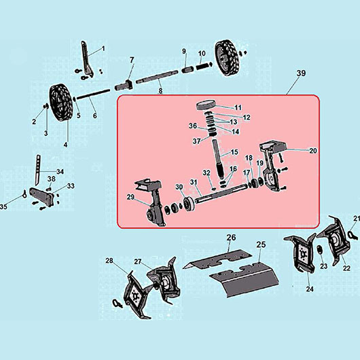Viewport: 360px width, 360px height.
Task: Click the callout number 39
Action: tap(301, 73)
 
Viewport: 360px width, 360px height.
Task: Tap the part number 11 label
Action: tap(238, 107)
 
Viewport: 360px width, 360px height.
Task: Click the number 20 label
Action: tap(313, 151)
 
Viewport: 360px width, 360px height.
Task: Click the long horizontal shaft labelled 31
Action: tap(221, 194)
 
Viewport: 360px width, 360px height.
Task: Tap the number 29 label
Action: tap(130, 197)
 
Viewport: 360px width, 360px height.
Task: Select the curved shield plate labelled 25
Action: tap(245, 280)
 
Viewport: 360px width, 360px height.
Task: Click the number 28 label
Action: tap(109, 261)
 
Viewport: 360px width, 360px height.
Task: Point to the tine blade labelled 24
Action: tap(300, 253)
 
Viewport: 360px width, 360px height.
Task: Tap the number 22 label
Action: tap(346, 268)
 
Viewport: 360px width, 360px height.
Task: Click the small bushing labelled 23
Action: tap(319, 250)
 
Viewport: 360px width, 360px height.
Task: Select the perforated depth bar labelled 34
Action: tap(37, 170)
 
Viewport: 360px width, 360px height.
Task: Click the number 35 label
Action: tap(3, 207)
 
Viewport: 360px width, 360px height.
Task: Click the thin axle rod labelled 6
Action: tap(94, 94)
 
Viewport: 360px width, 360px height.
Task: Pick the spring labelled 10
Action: tap(203, 67)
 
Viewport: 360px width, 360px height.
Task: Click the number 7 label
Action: tap(132, 60)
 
